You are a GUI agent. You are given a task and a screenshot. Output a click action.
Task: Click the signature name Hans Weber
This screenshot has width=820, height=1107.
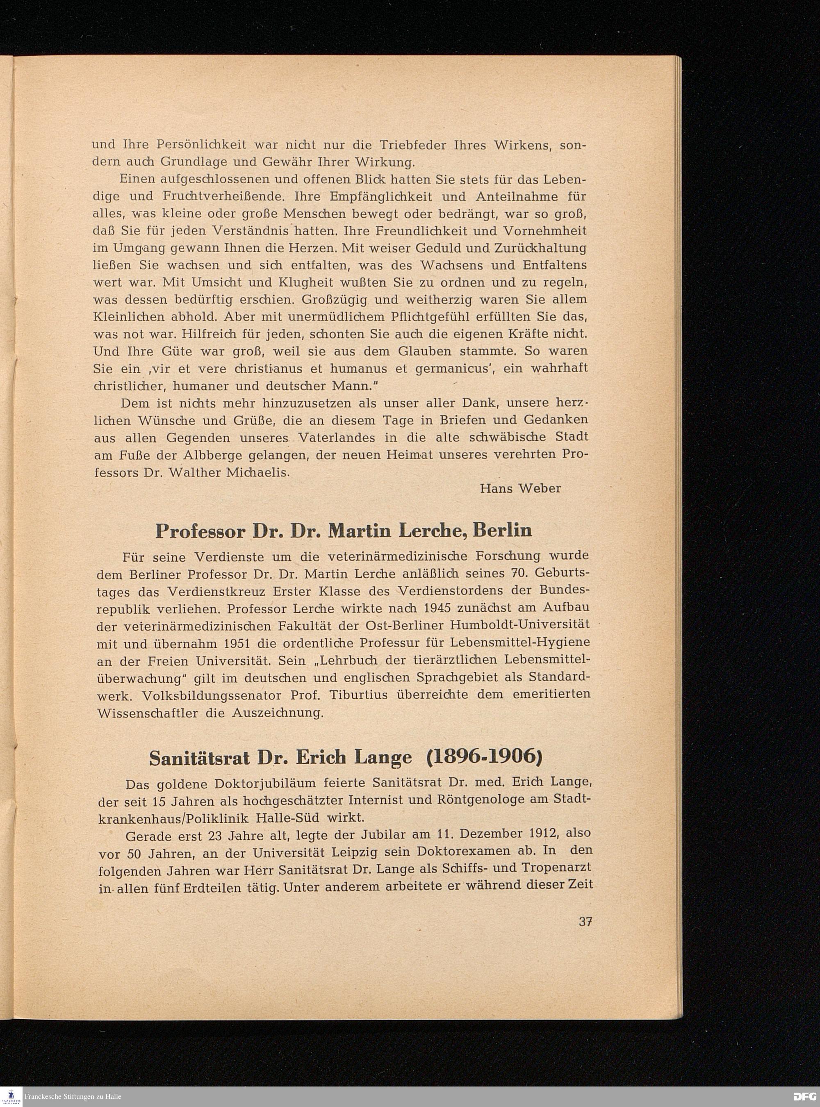[x=520, y=488]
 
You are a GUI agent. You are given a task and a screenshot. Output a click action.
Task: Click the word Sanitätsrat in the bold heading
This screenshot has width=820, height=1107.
[x=202, y=758]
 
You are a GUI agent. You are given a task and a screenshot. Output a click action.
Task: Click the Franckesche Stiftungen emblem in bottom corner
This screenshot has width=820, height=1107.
[x=11, y=1096]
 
